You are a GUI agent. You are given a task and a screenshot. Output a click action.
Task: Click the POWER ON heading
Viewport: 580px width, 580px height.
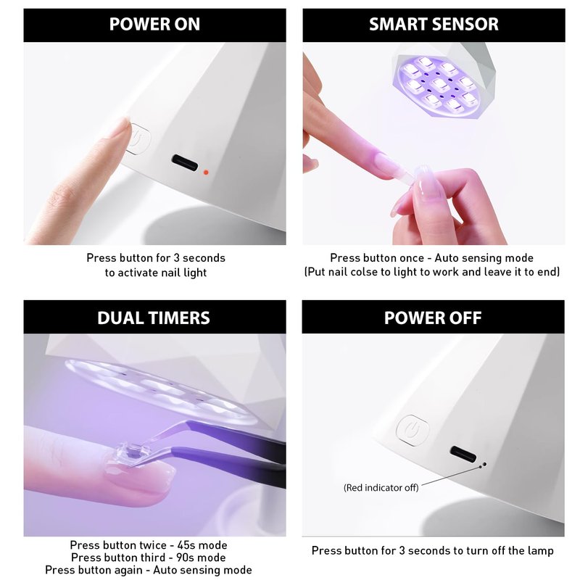point(154,25)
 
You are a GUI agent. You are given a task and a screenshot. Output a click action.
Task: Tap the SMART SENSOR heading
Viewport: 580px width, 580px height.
point(434,25)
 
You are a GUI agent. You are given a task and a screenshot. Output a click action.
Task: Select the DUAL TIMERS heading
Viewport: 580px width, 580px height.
point(154,318)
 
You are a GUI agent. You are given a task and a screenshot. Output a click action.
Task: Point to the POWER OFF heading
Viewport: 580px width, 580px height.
point(433,318)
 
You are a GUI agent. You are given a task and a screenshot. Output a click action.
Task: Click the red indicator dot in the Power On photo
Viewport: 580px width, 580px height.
point(206,172)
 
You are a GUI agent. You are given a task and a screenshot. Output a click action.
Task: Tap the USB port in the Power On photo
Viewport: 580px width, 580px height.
point(185,162)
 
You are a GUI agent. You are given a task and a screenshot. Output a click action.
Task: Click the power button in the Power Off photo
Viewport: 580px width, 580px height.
point(413,429)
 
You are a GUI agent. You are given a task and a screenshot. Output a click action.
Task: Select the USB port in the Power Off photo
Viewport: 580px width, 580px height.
point(463,454)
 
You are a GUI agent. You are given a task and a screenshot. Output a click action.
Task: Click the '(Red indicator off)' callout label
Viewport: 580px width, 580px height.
point(381,487)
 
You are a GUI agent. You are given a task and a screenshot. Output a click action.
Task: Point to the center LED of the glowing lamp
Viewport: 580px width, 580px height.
point(440,85)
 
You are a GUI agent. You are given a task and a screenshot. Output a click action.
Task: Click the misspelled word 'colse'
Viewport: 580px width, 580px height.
point(365,273)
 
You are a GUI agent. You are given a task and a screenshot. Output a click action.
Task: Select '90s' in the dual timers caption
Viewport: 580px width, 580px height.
point(184,558)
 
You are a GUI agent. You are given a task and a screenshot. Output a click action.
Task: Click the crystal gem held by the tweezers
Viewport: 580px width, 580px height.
point(129,453)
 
